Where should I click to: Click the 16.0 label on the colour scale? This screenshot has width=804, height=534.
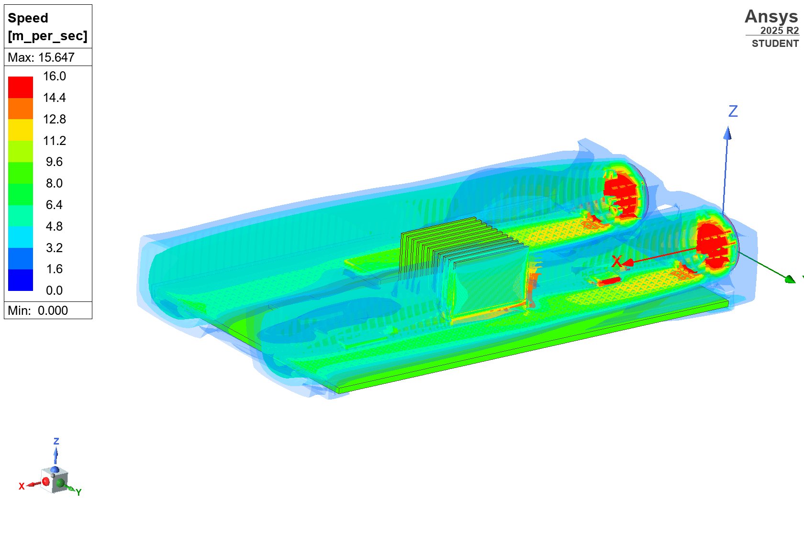55,76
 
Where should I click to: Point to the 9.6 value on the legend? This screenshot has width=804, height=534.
55,162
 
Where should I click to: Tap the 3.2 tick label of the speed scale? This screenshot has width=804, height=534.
55,248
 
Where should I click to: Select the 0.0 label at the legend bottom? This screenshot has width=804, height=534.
55,290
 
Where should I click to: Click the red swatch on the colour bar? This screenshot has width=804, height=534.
21,87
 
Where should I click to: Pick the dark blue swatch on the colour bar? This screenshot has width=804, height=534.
21,280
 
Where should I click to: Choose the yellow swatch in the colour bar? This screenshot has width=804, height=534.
21,130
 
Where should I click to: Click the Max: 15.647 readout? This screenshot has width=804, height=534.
41,57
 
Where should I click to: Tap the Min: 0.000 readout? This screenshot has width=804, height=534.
38,311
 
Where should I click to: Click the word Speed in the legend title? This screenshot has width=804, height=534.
28,18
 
